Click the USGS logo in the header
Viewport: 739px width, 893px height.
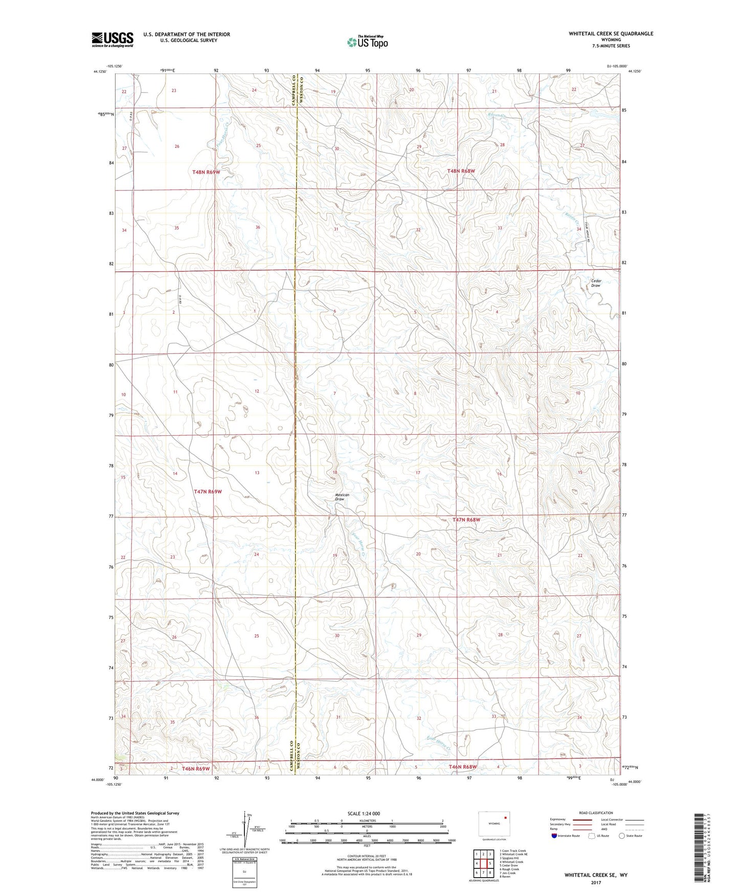pos(112,39)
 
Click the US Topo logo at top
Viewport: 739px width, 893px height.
pos(367,42)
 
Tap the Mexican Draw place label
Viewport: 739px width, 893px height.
pos(342,497)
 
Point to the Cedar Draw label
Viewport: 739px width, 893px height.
pos(596,283)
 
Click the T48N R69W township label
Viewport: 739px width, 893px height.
pos(206,172)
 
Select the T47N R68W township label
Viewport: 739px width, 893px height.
pos(466,520)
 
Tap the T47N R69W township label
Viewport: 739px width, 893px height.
pos(208,492)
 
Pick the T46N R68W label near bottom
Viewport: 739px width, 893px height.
pos(463,767)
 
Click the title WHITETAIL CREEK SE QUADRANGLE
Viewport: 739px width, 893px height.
pos(611,34)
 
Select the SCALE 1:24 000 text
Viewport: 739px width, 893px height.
pos(364,814)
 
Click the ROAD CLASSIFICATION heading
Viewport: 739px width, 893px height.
pos(595,813)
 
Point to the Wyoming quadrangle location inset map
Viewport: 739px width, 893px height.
pos(494,824)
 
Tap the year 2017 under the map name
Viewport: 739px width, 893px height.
pos(596,882)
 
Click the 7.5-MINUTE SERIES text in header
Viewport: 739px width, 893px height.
pos(611,46)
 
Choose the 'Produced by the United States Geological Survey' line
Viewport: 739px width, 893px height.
pos(135,813)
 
